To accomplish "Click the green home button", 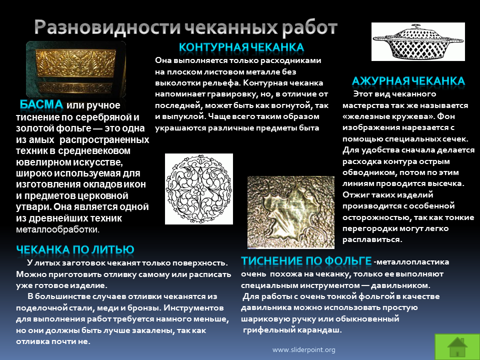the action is [457, 347].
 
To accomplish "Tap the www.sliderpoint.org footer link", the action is [303, 349].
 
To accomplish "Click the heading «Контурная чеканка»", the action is [241, 47].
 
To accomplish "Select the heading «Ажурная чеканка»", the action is [408, 81].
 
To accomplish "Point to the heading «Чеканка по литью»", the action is [75, 249].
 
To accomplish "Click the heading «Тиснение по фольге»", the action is [306, 261].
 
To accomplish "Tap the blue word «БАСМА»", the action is [41, 104].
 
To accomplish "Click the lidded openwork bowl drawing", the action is [418, 42].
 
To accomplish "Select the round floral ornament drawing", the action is [199, 189].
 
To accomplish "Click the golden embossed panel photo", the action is [76, 69].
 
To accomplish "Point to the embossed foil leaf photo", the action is [291, 212].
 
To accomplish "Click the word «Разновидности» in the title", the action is [107, 27].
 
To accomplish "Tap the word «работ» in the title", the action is [309, 27].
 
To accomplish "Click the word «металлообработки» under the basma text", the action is [57, 229].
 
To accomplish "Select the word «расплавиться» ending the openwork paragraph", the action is [372, 239].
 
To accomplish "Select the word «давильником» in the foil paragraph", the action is [400, 285].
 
